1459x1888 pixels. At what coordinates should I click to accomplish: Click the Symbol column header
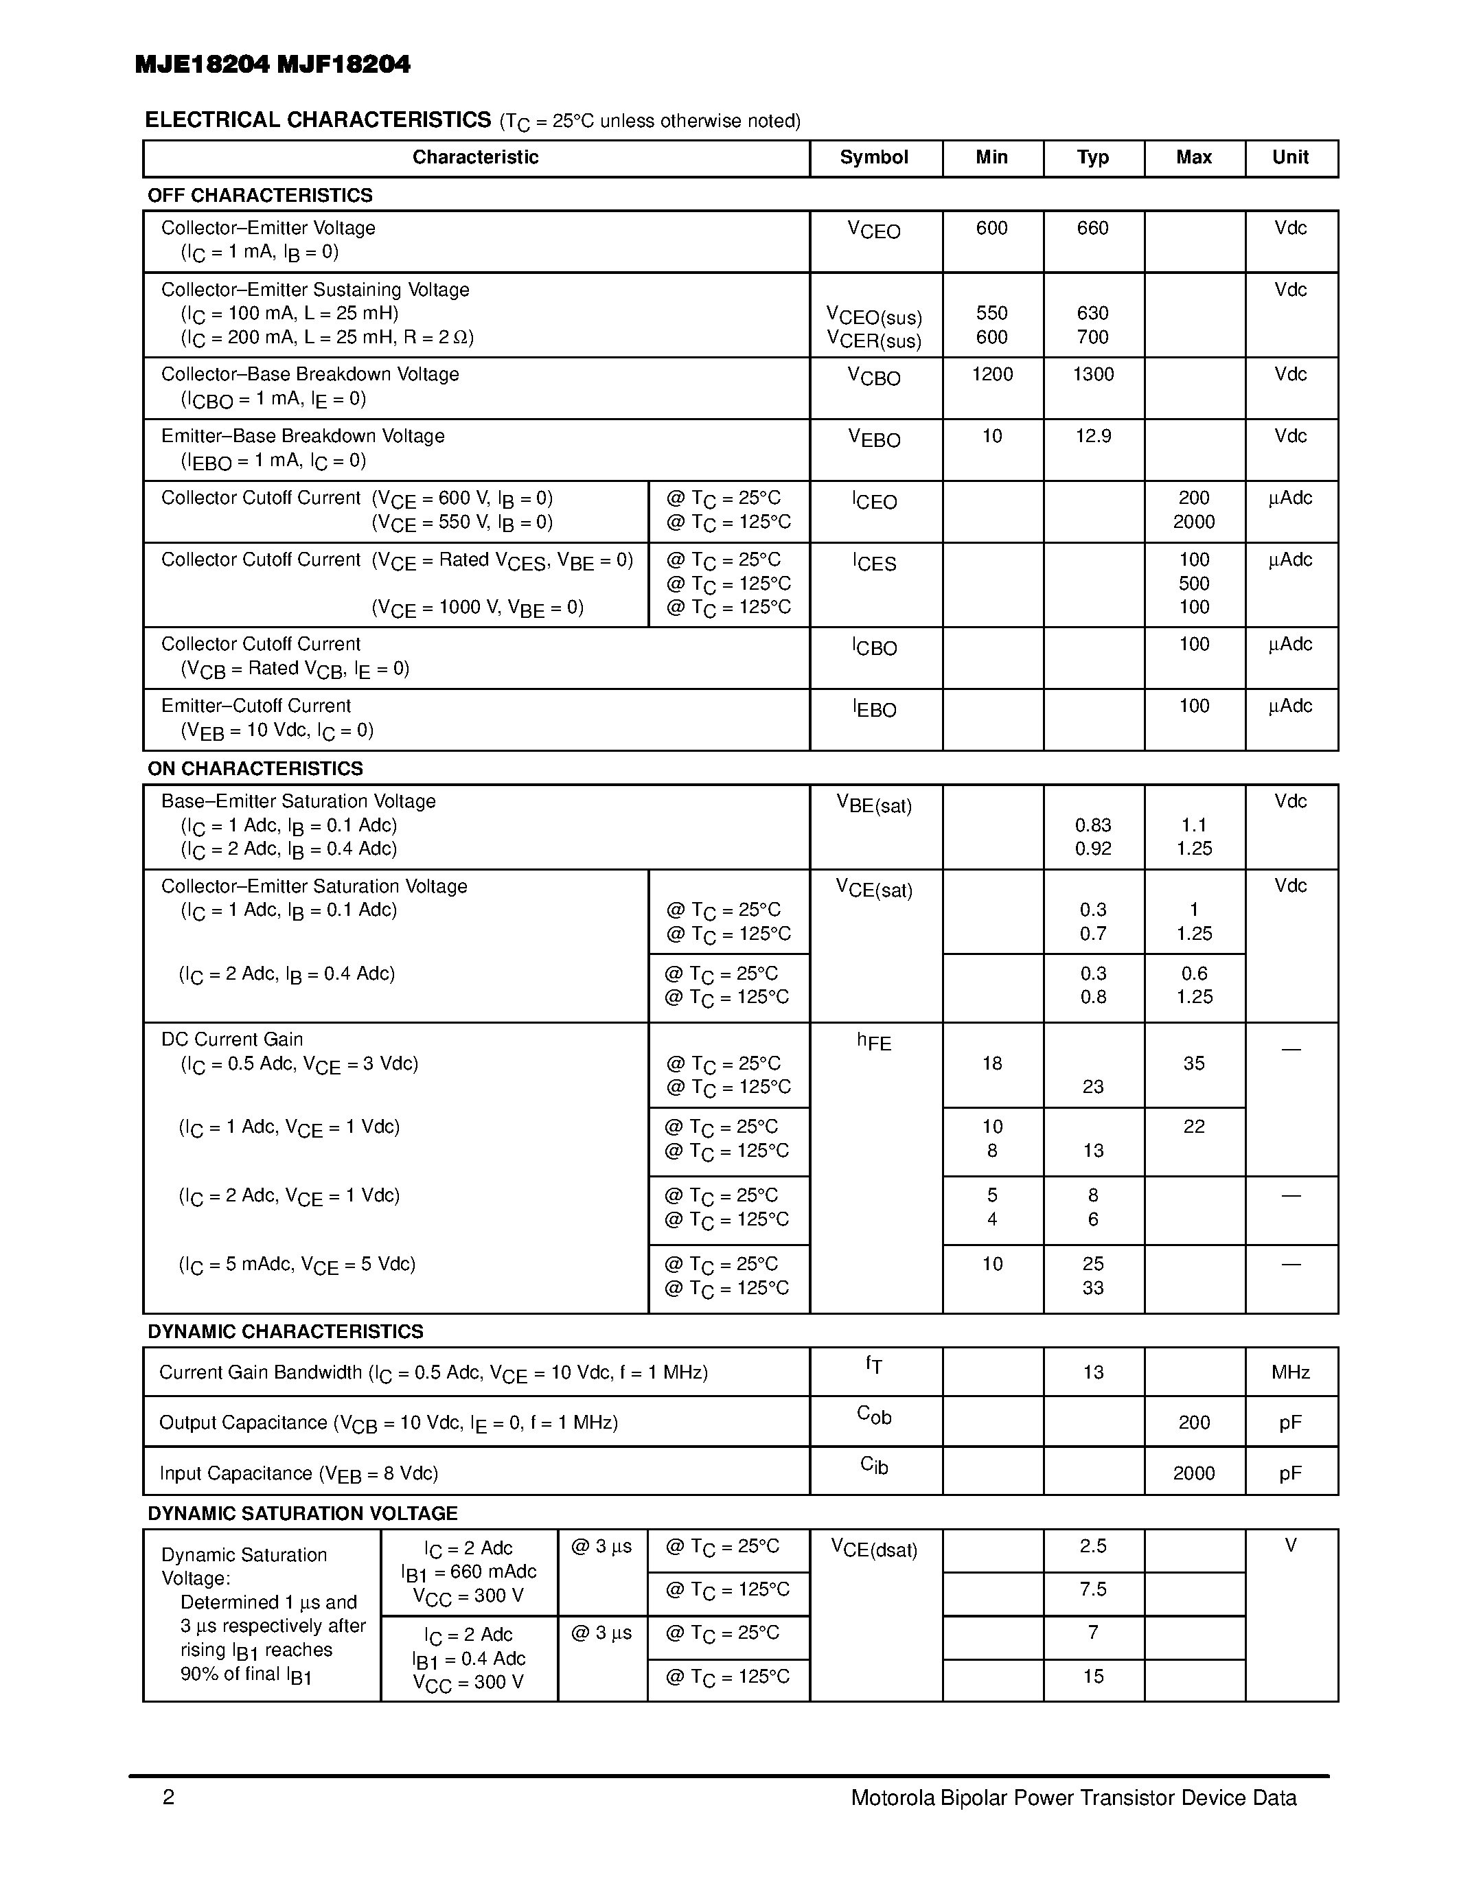(x=874, y=157)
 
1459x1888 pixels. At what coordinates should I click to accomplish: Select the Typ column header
(x=1092, y=157)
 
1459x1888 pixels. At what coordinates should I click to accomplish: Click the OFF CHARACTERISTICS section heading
(x=260, y=196)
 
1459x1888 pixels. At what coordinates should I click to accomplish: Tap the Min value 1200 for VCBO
(x=991, y=374)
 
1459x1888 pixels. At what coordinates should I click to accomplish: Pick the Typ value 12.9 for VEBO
(x=1092, y=436)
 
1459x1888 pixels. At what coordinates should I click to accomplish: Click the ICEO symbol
(x=874, y=500)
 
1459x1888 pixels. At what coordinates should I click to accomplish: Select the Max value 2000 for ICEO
(x=1194, y=521)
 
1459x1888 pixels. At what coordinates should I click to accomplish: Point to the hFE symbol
(x=874, y=1041)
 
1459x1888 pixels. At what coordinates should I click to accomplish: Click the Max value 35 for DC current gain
(x=1194, y=1063)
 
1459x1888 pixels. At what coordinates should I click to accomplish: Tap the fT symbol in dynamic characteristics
(x=874, y=1365)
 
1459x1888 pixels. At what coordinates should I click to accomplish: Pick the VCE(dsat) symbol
(x=874, y=1549)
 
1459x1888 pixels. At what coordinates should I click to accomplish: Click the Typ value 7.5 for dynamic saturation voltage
(x=1092, y=1589)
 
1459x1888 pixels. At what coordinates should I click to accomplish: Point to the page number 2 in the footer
(x=168, y=1798)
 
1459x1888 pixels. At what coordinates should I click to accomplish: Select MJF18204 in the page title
(x=344, y=64)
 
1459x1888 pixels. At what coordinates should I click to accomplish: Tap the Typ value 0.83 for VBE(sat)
(x=1092, y=825)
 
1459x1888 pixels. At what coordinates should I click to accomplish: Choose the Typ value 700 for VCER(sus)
(x=1092, y=337)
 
